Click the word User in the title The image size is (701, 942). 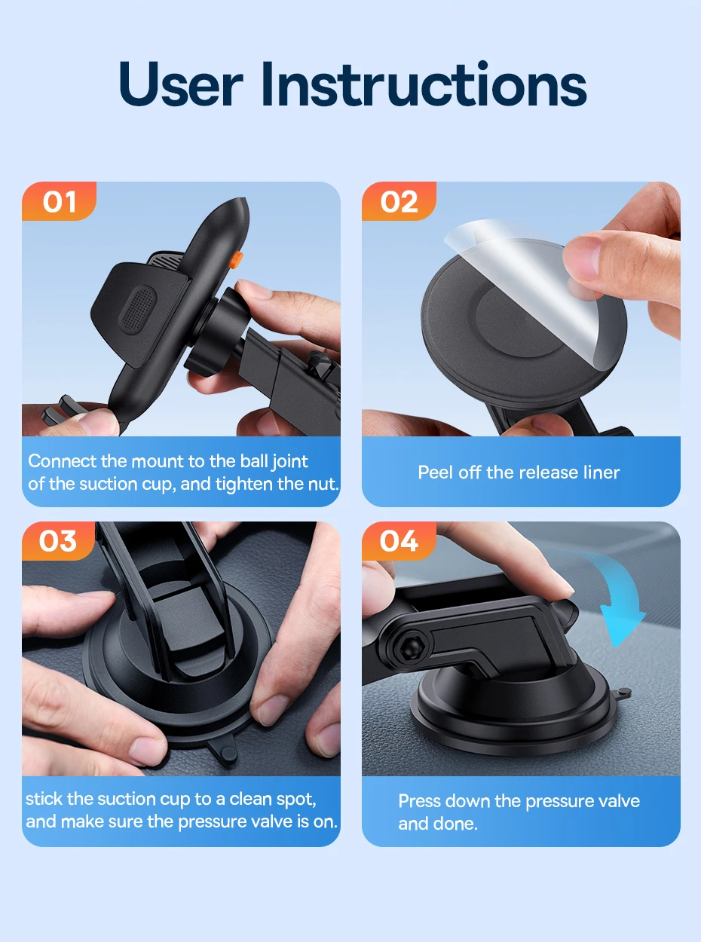click(181, 84)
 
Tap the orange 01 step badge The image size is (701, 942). click(59, 201)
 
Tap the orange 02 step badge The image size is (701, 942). click(399, 201)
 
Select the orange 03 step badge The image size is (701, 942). click(58, 541)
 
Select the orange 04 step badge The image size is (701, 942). click(399, 541)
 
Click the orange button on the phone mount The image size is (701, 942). click(236, 259)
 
